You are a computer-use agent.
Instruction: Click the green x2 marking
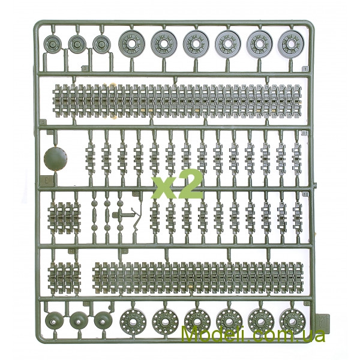(177, 184)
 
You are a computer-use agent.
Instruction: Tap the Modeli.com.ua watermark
(253, 335)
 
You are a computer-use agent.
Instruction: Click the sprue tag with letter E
(47, 181)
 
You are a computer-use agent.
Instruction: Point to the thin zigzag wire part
(136, 219)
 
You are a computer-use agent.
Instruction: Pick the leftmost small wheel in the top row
(52, 44)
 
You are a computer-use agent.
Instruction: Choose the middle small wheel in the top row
(77, 44)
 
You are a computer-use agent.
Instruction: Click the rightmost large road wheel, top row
(291, 43)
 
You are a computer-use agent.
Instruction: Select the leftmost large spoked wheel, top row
(132, 44)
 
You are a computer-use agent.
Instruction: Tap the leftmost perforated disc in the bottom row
(133, 322)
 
